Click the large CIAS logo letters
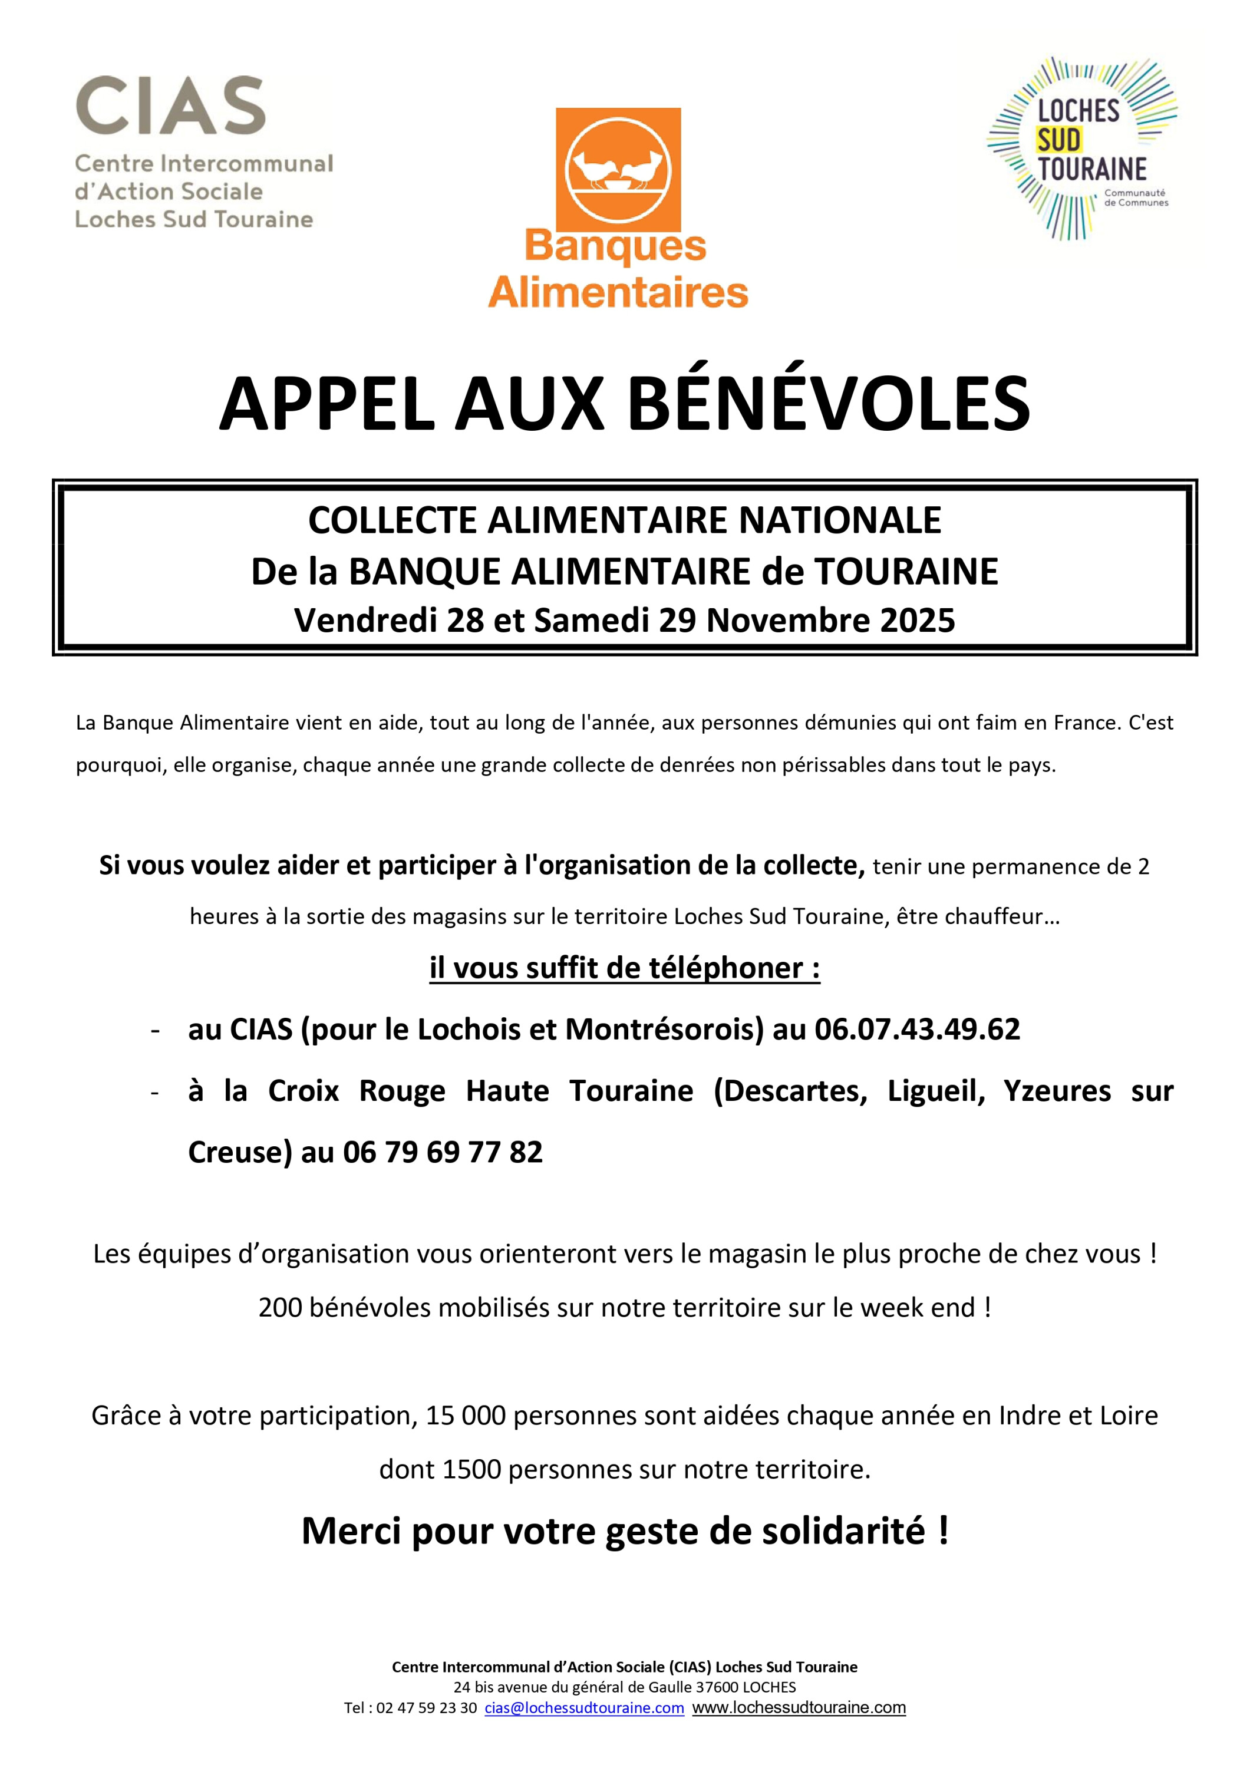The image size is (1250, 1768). pos(170,105)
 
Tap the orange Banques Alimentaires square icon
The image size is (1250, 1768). pos(618,169)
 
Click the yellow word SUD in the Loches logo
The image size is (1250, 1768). pos(1060,140)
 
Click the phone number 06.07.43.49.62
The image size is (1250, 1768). pos(916,1030)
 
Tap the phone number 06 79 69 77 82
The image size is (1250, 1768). pos(443,1153)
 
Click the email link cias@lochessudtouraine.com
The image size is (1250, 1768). pos(584,1708)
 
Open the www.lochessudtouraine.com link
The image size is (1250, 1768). pos(799,1708)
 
